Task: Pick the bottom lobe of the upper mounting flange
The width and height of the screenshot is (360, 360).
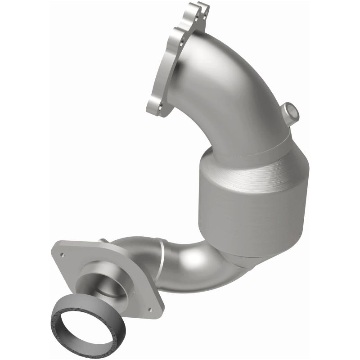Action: point(155,106)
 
